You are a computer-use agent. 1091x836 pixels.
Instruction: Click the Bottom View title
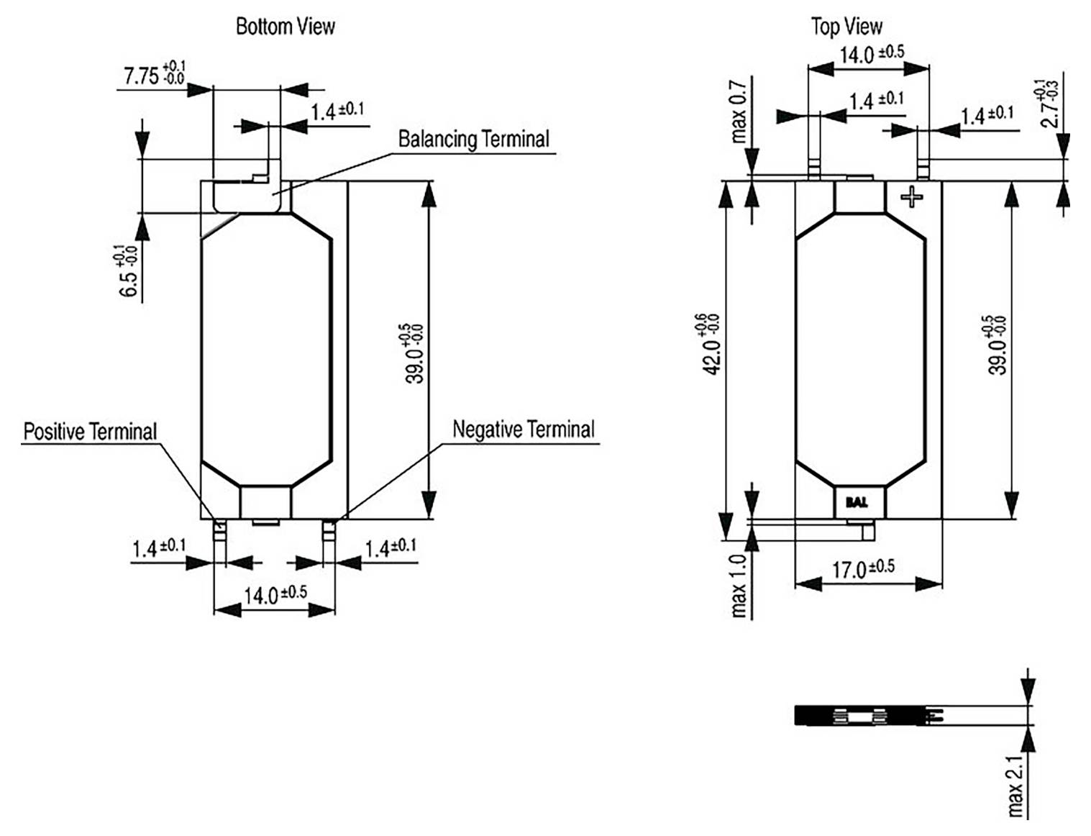286,27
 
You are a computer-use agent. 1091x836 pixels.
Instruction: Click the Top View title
846,27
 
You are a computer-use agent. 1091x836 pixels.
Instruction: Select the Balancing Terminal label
473,139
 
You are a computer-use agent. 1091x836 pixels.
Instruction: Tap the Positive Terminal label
90,432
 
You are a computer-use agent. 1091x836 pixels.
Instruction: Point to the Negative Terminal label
523,430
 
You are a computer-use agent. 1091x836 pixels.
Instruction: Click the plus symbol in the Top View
912,196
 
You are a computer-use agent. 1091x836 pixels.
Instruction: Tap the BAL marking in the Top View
857,502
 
